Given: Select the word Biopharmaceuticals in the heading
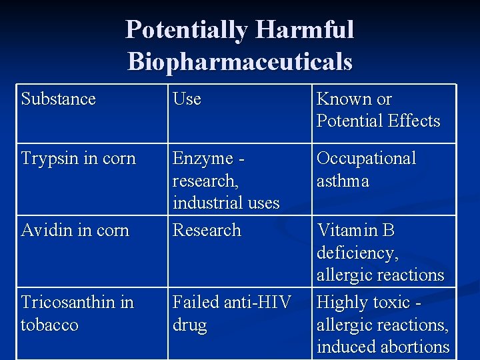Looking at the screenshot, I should point(240,61).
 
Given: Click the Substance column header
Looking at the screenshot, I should point(59,99).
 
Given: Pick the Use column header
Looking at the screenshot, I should point(187,99).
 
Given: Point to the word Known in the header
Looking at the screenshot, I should point(343,99).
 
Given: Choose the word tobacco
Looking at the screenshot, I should point(49,325).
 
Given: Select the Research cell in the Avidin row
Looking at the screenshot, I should point(207,231).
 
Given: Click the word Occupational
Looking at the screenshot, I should point(366,159).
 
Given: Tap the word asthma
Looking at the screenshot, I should point(343,181).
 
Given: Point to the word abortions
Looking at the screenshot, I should point(416,347).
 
